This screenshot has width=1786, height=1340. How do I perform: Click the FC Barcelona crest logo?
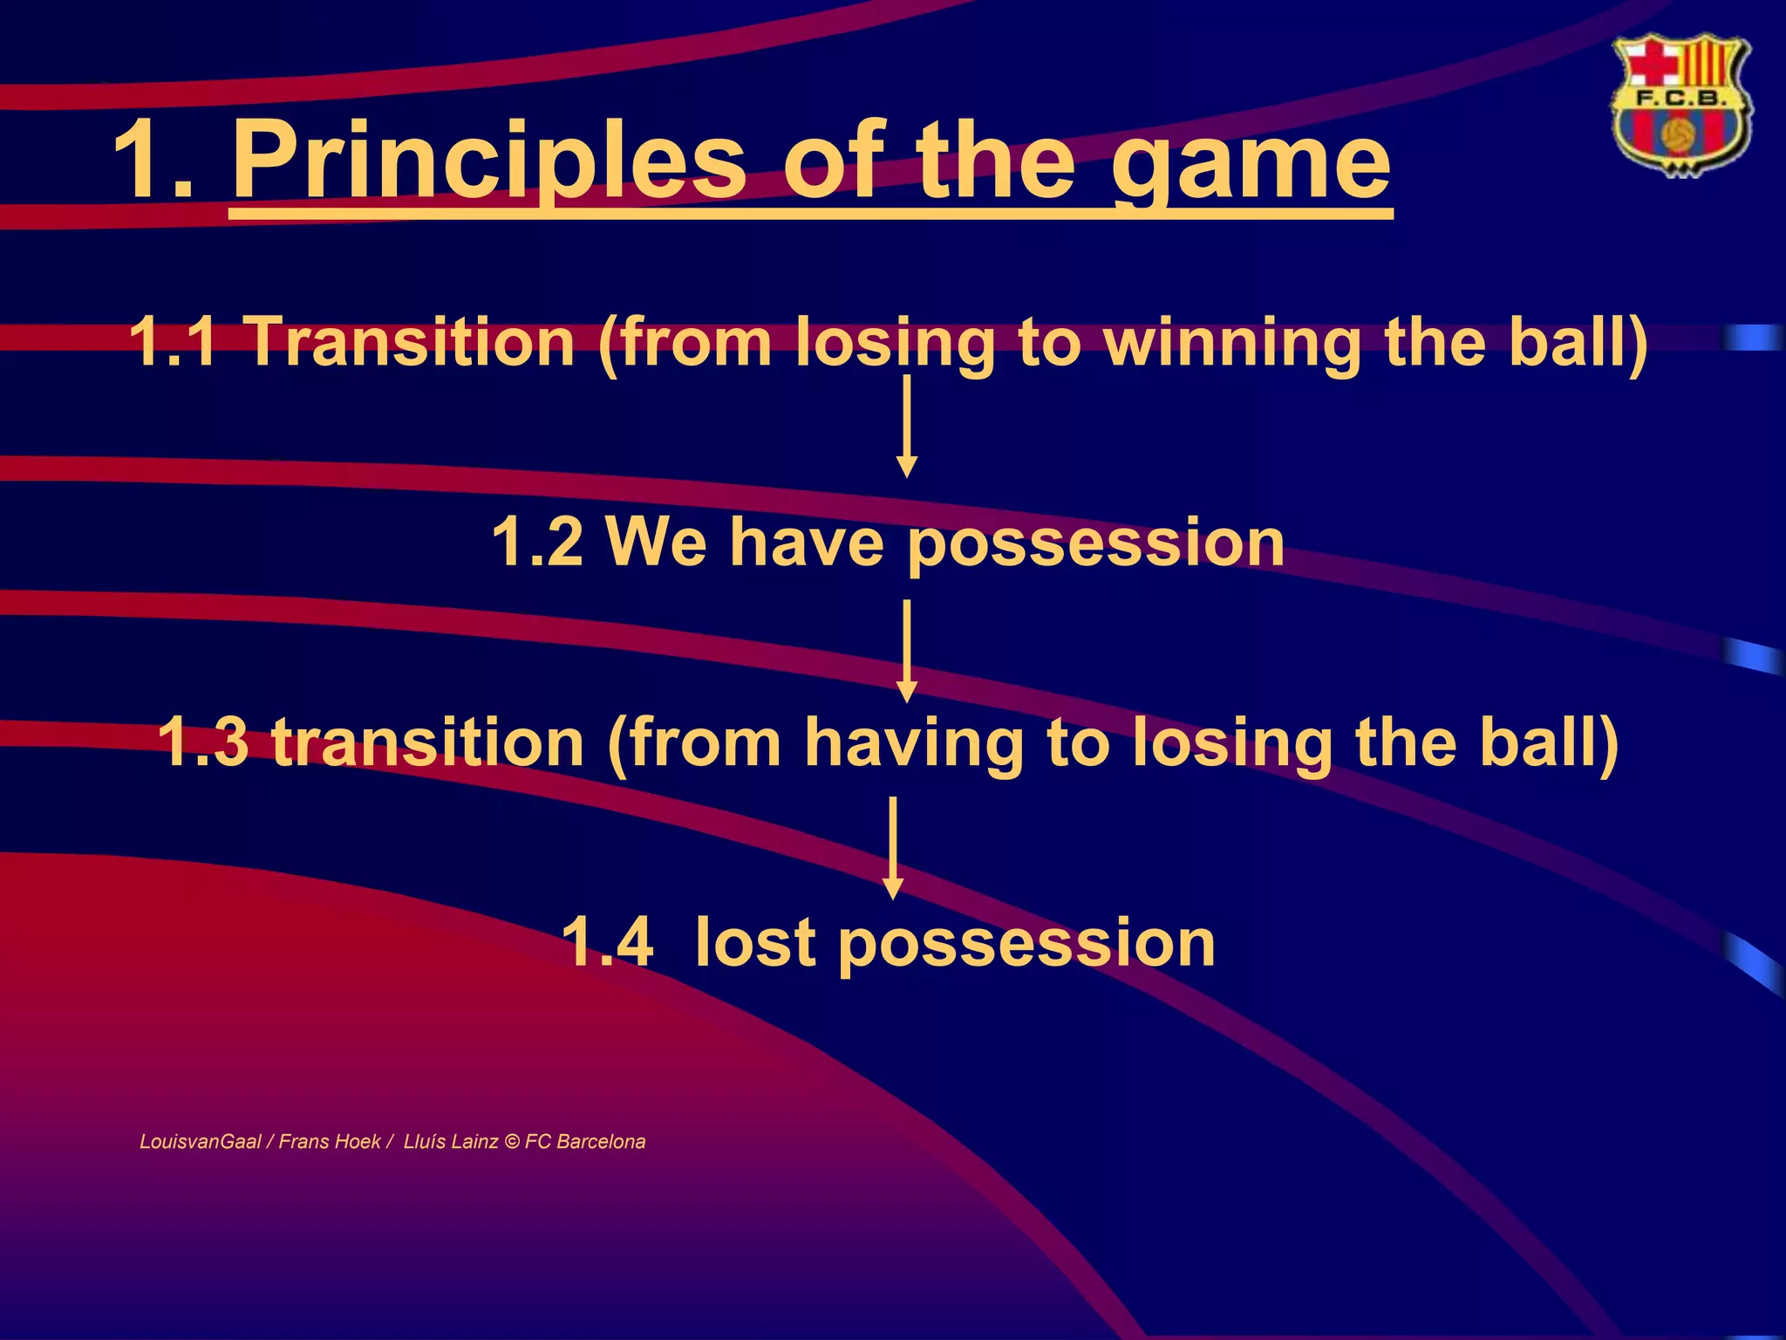1680,106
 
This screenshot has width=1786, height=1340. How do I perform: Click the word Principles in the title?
488,161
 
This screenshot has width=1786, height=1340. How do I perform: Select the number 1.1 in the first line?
173,341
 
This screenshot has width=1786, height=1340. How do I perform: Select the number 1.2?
537,542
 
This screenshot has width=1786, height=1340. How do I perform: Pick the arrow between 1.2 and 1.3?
907,651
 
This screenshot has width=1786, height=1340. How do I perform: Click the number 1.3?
202,742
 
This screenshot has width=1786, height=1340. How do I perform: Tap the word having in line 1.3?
912,744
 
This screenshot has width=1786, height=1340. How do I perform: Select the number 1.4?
607,943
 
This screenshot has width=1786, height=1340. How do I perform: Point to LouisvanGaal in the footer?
200,1142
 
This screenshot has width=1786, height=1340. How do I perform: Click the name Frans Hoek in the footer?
330,1142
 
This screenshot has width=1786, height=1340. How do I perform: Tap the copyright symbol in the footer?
512,1142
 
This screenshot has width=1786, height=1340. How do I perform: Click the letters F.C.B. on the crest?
1680,99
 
